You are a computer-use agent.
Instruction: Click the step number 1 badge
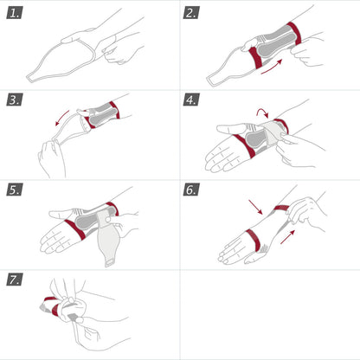[x=16, y=14]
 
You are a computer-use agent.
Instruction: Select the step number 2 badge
[x=192, y=14]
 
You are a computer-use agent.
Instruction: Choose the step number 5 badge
[x=16, y=190]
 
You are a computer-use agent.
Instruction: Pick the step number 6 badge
[x=192, y=190]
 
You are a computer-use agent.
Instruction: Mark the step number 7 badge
[x=16, y=280]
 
